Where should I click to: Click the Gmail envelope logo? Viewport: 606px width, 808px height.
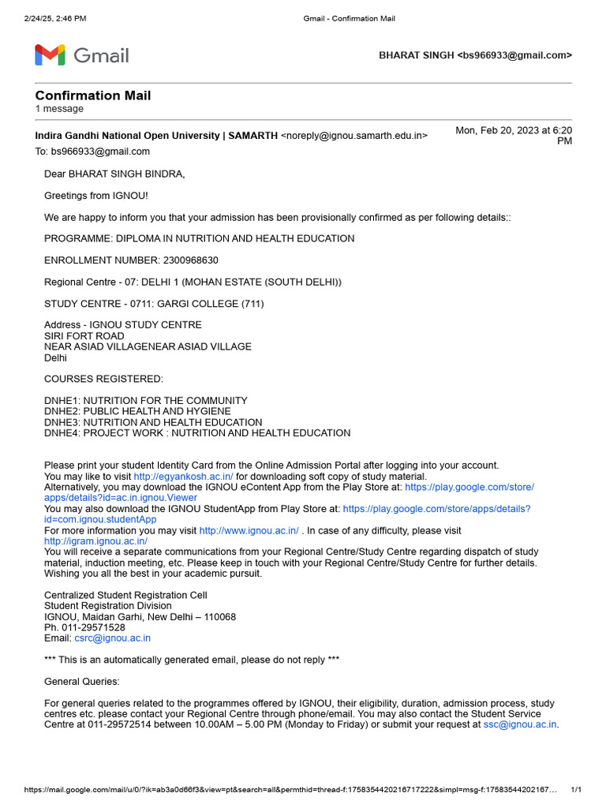coord(49,55)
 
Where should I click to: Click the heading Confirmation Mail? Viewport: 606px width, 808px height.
coord(93,95)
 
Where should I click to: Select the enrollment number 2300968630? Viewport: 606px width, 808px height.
coord(191,260)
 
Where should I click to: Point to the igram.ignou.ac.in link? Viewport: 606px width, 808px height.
coord(95,541)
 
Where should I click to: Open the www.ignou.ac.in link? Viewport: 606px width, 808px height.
coord(249,531)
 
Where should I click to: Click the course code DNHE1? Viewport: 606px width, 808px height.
coord(61,400)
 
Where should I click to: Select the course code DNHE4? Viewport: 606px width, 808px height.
coord(61,432)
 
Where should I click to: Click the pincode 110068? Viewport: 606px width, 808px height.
coord(218,616)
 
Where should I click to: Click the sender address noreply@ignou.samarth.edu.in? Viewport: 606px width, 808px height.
coord(354,136)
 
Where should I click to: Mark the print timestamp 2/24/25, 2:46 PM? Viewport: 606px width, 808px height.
coord(55,18)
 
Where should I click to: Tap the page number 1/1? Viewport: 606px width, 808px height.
coord(575,790)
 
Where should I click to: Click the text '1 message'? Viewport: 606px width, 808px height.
coord(59,109)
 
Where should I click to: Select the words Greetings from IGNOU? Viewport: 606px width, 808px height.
coord(96,195)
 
